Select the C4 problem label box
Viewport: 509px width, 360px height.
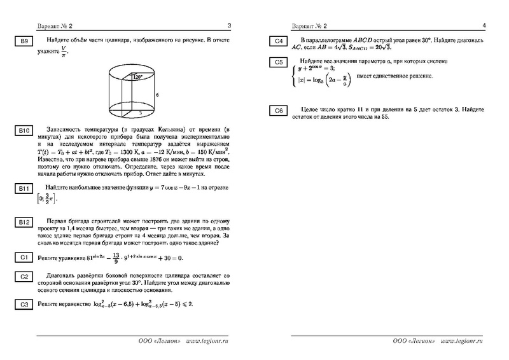point(278,43)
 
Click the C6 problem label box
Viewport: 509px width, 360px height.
point(278,113)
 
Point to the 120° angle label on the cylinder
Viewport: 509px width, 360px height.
point(136,77)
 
